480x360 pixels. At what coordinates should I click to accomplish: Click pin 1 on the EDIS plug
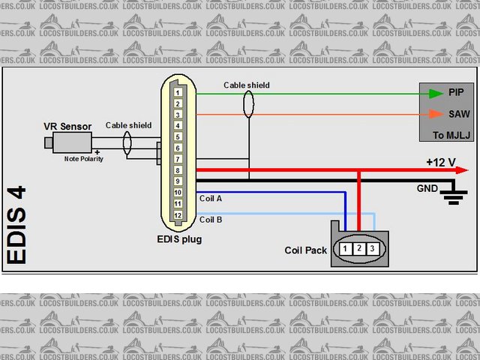(x=177, y=92)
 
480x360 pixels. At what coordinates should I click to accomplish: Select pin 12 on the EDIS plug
(x=177, y=215)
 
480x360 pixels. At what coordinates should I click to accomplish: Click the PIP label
(x=457, y=93)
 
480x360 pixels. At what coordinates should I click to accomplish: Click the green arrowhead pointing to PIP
(x=434, y=94)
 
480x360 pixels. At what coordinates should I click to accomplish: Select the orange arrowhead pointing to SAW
(x=434, y=115)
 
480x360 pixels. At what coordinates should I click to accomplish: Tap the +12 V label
(x=440, y=162)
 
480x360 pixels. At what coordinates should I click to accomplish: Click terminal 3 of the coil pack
(x=372, y=248)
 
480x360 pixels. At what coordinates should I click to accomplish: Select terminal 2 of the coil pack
(x=358, y=248)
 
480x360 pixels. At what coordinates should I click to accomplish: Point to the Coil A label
(x=211, y=198)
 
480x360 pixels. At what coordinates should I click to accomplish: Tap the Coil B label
(x=211, y=220)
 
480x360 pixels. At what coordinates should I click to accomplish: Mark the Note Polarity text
(x=82, y=159)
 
